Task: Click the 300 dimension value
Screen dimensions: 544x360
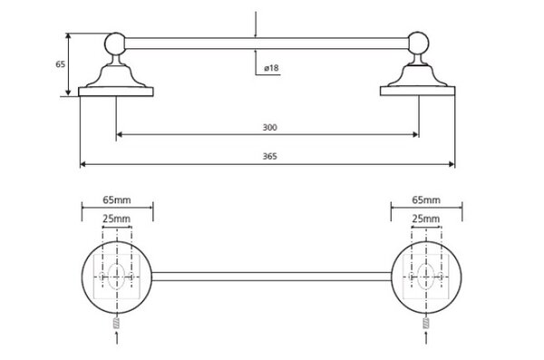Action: pyautogui.click(x=269, y=128)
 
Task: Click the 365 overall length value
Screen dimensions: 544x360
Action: pyautogui.click(x=269, y=156)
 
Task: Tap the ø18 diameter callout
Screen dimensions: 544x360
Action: pyautogui.click(x=271, y=68)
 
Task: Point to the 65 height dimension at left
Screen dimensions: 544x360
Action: pyautogui.click(x=61, y=64)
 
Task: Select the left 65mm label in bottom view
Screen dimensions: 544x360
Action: pyautogui.click(x=117, y=200)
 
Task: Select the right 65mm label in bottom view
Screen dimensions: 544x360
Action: pyautogui.click(x=426, y=200)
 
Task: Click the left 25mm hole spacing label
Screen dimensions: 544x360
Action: pyautogui.click(x=117, y=219)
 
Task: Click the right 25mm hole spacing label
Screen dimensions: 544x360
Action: pyautogui.click(x=426, y=219)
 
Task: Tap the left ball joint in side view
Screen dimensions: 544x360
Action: pyautogui.click(x=115, y=44)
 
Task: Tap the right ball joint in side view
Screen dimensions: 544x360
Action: pyautogui.click(x=418, y=43)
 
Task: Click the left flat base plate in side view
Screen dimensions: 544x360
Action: pyautogui.click(x=116, y=92)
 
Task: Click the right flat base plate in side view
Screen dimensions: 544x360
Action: pyautogui.click(x=418, y=91)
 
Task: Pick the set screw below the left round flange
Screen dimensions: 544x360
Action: pyautogui.click(x=117, y=323)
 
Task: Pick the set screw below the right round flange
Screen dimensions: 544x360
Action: pyautogui.click(x=426, y=323)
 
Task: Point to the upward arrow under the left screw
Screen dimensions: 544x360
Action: pyautogui.click(x=117, y=337)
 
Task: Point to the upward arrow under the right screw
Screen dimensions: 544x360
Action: pyautogui.click(x=426, y=337)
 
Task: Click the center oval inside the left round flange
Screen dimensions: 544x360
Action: pyautogui.click(x=117, y=277)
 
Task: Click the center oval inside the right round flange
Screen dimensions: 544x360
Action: pyautogui.click(x=426, y=277)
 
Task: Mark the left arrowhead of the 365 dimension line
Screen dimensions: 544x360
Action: pyautogui.click(x=83, y=164)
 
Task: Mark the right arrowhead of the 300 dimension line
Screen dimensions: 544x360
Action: pyautogui.click(x=416, y=134)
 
